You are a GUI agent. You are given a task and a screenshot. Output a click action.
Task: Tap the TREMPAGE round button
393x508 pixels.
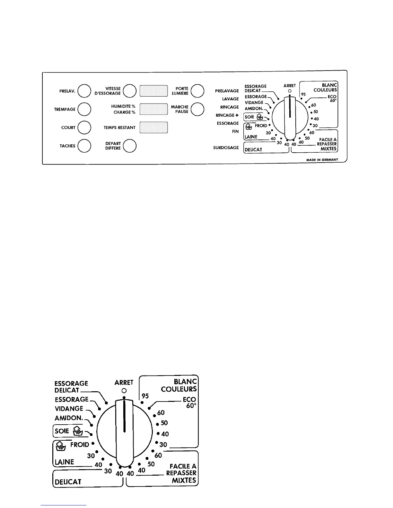84,109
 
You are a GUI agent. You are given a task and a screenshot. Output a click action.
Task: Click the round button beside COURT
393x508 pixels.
84,127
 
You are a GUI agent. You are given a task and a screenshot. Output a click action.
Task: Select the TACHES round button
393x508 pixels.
84,146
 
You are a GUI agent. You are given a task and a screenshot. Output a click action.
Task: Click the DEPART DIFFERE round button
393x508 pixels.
130,146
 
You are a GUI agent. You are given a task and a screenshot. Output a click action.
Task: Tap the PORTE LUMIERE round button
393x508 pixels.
197,91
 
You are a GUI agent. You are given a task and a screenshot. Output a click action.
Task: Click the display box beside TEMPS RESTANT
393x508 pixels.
154,127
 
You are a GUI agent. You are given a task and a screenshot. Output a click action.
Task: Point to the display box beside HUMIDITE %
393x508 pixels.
154,109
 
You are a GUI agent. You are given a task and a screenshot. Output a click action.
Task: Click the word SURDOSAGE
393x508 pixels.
226,148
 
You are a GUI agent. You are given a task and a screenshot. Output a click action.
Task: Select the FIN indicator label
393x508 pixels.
235,131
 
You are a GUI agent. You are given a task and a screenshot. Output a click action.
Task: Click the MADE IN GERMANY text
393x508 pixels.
322,160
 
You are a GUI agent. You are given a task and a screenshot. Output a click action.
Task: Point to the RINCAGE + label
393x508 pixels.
227,115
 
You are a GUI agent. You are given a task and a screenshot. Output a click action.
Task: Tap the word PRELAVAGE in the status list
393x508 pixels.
227,91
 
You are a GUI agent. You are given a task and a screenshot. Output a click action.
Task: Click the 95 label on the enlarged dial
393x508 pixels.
145,396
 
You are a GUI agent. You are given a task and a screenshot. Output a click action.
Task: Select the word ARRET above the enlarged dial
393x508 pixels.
124,383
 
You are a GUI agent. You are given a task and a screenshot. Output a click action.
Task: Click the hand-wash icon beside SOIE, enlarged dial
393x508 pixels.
78,431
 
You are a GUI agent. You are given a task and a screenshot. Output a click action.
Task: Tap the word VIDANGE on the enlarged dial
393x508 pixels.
69,409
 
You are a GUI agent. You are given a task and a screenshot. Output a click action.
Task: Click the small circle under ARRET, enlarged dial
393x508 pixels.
124,391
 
